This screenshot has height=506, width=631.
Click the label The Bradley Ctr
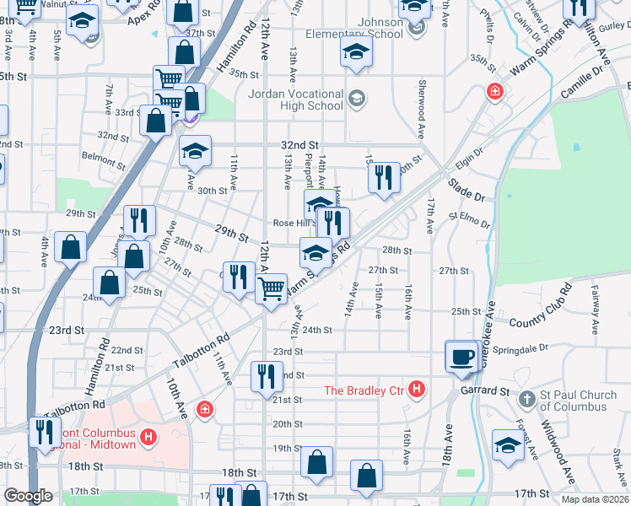point(364,390)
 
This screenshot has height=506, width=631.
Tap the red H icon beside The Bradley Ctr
point(415,389)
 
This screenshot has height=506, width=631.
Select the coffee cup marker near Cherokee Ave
point(462,356)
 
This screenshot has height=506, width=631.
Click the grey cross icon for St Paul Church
point(526,397)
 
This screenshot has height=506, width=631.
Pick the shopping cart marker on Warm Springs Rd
point(271,288)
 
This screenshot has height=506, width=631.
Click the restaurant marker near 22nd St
point(267,375)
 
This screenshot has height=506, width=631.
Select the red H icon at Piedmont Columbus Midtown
point(148,438)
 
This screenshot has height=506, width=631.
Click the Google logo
point(28,497)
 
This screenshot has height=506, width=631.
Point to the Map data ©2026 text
point(595,499)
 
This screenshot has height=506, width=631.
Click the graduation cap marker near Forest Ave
point(507,447)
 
